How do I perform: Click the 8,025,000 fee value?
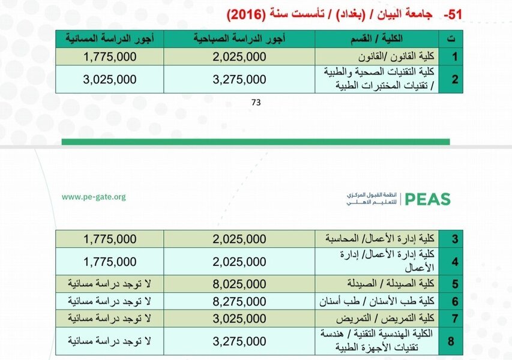(239, 283)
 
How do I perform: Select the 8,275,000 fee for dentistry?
(239, 300)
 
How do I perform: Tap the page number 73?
(256, 103)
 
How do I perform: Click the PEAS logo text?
(427, 199)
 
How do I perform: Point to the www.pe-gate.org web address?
(94, 197)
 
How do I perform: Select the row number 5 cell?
(454, 283)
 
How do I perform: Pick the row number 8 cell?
(454, 342)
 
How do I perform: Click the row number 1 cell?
(454, 57)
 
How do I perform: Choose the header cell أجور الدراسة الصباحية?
(239, 39)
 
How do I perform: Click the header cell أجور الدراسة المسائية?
(110, 39)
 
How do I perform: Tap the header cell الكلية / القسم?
(376, 39)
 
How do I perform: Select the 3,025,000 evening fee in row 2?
(110, 79)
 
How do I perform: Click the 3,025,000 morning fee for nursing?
(239, 317)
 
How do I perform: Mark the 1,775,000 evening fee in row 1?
(110, 57)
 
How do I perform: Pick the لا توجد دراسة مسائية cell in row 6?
(110, 300)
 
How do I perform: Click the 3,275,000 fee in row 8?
(239, 342)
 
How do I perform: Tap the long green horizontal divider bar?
(256, 142)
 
